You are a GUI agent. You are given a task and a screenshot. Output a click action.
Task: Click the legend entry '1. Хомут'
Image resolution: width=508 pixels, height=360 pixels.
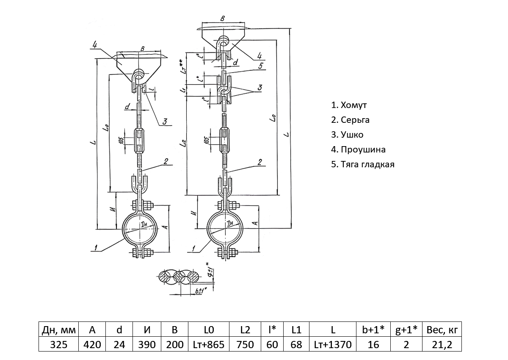point(349,105)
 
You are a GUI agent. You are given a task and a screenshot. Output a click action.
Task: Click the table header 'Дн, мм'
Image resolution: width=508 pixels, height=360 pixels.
point(59,330)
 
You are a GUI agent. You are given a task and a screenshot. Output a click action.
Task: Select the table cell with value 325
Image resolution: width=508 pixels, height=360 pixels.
point(59,344)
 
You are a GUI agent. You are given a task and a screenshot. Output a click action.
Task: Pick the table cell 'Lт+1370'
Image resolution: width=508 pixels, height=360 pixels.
point(333,344)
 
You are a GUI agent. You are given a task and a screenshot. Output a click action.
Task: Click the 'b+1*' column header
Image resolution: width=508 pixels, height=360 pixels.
point(373,330)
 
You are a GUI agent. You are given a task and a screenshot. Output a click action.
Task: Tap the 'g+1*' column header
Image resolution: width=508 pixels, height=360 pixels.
point(406,330)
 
